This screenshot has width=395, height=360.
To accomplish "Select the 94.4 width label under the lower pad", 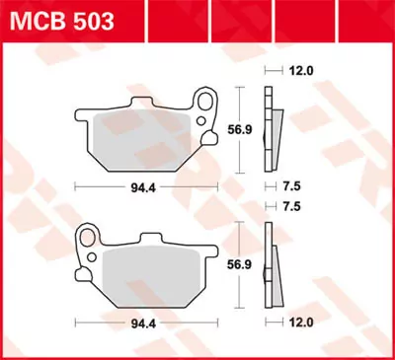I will click(x=147, y=323).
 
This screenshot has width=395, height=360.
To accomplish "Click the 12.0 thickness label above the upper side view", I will click(x=301, y=72).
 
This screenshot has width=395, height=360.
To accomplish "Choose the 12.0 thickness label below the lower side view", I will click(x=301, y=323).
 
